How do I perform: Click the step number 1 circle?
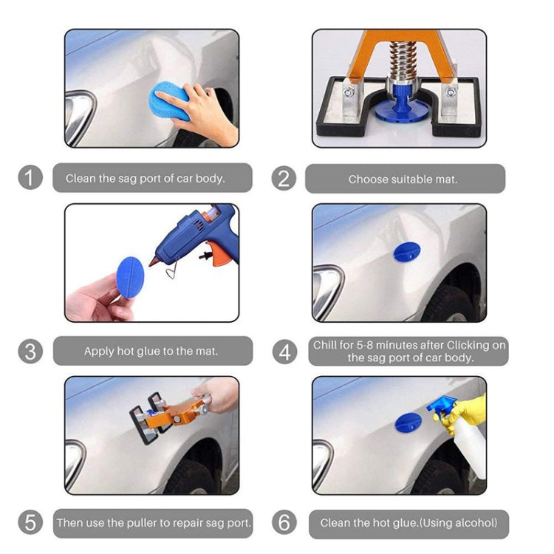(30, 178)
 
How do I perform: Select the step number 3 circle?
(30, 351)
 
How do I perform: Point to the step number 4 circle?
(285, 352)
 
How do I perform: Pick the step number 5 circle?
(30, 523)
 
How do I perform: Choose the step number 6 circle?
(284, 523)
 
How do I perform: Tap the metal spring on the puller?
(399, 64)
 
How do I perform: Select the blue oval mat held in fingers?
(131, 277)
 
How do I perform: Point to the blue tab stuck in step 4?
(407, 252)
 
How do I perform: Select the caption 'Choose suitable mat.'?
(403, 179)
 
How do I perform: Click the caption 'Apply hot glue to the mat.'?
(151, 352)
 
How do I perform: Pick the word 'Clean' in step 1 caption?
(80, 178)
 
